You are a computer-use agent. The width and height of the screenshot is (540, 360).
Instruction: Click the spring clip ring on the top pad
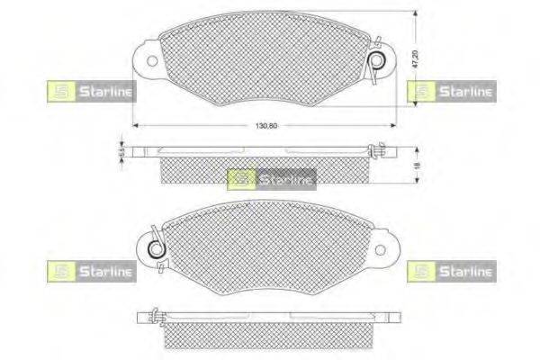click(380, 61)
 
